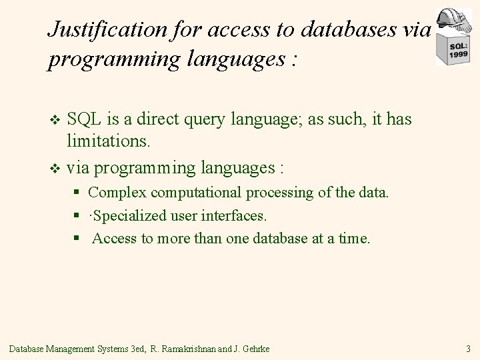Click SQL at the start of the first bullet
pyautogui.click(x=82, y=119)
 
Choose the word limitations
pyautogui.click(x=109, y=141)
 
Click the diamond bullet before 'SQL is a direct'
pyautogui.click(x=55, y=121)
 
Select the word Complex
pyautogui.click(x=114, y=193)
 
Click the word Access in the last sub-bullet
pyautogui.click(x=115, y=239)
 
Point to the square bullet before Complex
pyautogui.click(x=77, y=193)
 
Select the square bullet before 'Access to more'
pyautogui.click(x=77, y=239)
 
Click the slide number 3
pyautogui.click(x=469, y=348)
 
